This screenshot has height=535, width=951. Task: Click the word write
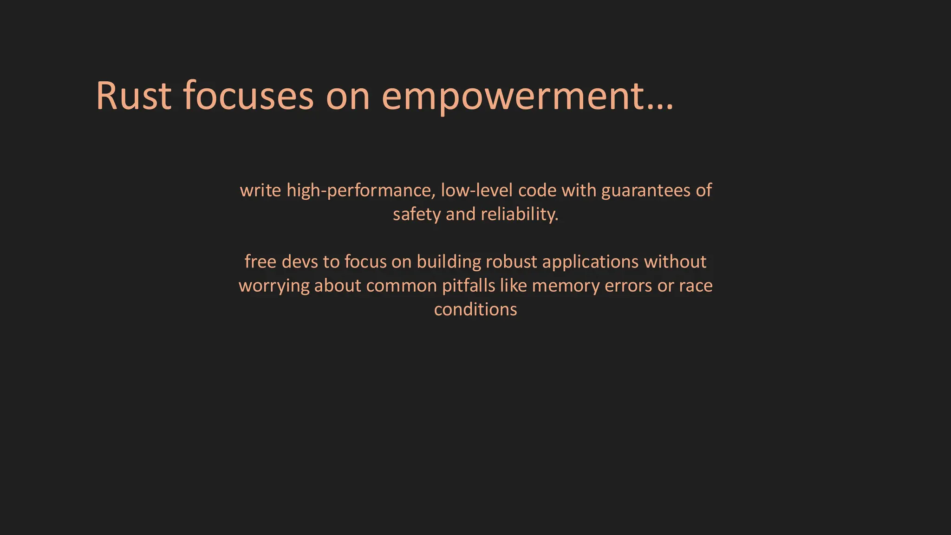click(260, 190)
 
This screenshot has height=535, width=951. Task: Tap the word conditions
click(475, 310)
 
